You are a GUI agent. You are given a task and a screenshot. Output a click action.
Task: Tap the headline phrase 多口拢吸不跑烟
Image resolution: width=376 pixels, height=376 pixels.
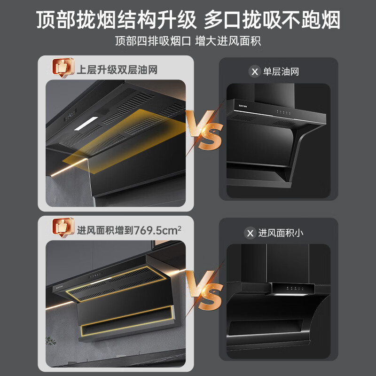coord(272,21)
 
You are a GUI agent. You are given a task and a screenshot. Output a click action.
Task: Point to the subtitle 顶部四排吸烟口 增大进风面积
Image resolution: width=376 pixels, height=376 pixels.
coord(188,41)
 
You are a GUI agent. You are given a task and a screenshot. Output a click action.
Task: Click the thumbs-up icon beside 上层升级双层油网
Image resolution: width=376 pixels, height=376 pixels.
coord(63,69)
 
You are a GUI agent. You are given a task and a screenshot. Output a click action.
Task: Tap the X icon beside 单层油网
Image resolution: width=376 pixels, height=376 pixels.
coord(254,71)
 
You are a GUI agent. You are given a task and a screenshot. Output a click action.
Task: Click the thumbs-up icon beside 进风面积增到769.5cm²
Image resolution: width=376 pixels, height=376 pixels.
coord(63,228)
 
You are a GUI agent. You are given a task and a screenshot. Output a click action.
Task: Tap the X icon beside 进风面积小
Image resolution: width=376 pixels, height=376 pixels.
coord(250,233)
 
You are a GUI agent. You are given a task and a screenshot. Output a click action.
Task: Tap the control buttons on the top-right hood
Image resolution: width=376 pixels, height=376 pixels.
coord(284,112)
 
